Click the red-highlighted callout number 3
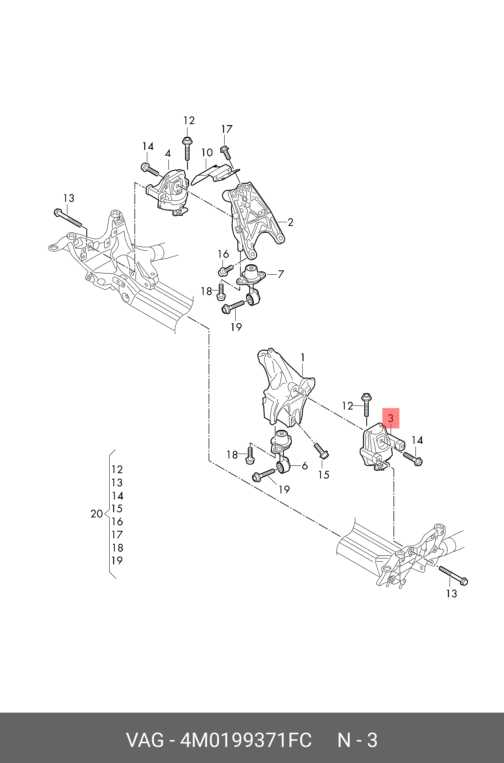coord(390,418)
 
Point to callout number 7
coord(281,274)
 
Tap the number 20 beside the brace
coord(96,514)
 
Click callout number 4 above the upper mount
coord(168,153)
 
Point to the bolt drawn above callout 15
coord(321,451)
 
